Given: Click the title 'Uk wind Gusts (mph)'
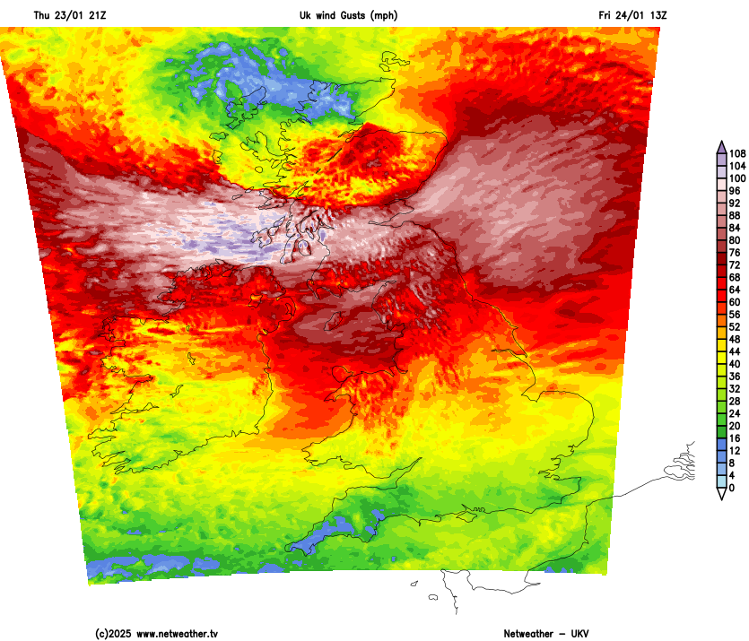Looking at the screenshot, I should coord(348,15).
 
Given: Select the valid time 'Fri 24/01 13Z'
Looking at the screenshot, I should coord(633,15).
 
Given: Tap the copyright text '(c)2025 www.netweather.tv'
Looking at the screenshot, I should coord(157,633).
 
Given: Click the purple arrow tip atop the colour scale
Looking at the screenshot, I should coord(721,145).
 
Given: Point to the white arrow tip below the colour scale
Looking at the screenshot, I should coord(721,494).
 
